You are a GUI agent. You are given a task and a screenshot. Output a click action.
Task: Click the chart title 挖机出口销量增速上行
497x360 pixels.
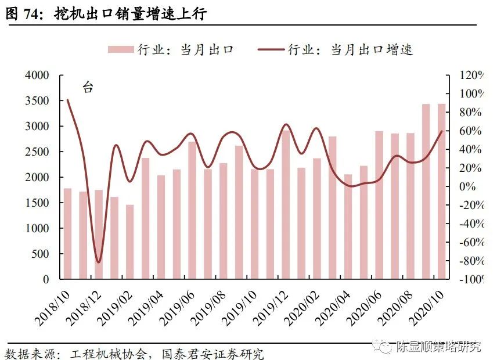pos(131,13)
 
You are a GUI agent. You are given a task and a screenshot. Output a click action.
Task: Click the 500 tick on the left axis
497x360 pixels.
pos(40,254)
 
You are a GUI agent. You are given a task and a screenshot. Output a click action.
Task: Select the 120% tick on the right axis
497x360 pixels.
pos(471,75)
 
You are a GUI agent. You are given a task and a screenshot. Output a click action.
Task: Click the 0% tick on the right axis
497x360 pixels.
pos(467,186)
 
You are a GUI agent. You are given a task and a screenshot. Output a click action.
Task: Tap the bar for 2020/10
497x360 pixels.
pos(442,192)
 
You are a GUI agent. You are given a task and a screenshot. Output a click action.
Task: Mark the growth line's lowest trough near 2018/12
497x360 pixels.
pos(98,262)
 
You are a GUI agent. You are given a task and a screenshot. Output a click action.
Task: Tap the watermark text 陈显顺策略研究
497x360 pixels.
pos(438,347)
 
